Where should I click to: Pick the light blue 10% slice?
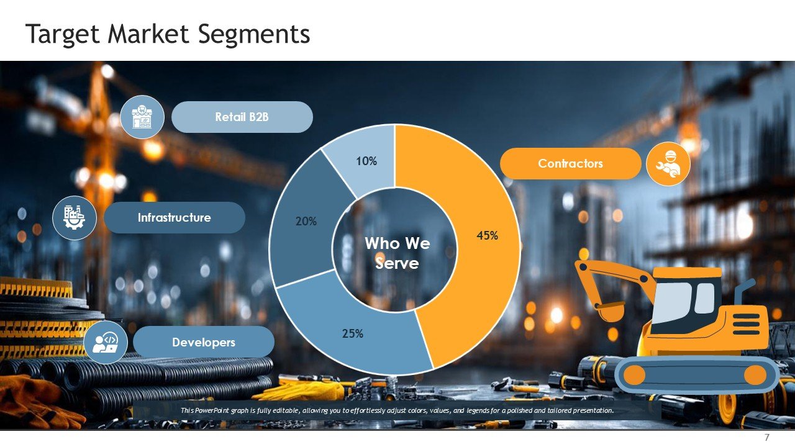[x=366, y=161]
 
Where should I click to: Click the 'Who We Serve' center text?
[x=397, y=253]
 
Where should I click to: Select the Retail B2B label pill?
[x=242, y=117]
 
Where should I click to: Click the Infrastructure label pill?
[x=175, y=217]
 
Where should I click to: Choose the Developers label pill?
[x=204, y=342]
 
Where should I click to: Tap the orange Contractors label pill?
[x=570, y=163]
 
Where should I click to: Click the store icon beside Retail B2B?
[x=142, y=117]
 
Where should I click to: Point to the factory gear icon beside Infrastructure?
[x=75, y=218]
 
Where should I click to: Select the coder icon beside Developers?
[x=106, y=343]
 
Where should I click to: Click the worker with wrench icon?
[x=668, y=164]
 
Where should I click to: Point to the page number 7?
[x=767, y=437]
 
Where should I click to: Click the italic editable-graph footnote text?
[x=397, y=410]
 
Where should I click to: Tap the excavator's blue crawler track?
[x=695, y=374]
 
